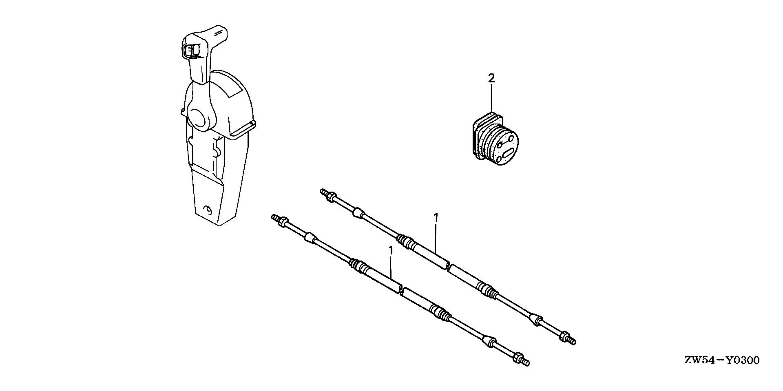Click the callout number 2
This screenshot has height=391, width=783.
point(491,78)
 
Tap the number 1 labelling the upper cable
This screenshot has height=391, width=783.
point(436,217)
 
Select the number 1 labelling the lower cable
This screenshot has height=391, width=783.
point(391,250)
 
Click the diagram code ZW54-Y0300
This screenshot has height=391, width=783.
point(722,360)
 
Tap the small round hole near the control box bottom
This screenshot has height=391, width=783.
point(208,211)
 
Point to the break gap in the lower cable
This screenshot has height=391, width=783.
point(401,290)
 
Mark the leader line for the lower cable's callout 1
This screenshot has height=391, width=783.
point(391,267)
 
